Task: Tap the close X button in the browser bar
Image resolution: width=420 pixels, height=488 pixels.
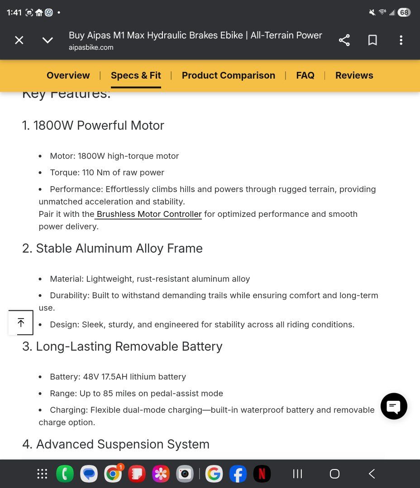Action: click(19, 40)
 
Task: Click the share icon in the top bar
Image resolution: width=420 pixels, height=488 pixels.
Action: click(344, 40)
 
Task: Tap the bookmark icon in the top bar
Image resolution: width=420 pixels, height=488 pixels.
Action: click(372, 40)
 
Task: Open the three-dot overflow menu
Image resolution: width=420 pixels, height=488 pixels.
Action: click(401, 40)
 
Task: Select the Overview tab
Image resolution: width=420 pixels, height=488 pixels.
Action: click(68, 75)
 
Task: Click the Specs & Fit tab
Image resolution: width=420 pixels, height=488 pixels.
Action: click(136, 75)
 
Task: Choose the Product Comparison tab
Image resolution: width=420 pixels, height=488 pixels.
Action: click(228, 75)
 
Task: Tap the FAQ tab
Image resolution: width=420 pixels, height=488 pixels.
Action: click(305, 75)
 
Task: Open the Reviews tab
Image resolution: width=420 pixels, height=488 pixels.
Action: click(354, 75)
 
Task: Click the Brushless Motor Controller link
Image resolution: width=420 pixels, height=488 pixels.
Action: click(149, 214)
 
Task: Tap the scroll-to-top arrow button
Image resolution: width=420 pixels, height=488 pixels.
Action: click(21, 323)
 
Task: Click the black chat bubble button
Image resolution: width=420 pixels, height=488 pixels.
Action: click(394, 406)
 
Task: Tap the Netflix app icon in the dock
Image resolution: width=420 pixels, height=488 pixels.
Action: click(262, 474)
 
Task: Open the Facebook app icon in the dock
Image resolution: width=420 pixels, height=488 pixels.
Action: click(238, 474)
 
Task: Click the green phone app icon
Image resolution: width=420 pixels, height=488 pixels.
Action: click(65, 474)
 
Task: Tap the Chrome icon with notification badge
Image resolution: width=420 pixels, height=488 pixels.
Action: click(113, 474)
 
